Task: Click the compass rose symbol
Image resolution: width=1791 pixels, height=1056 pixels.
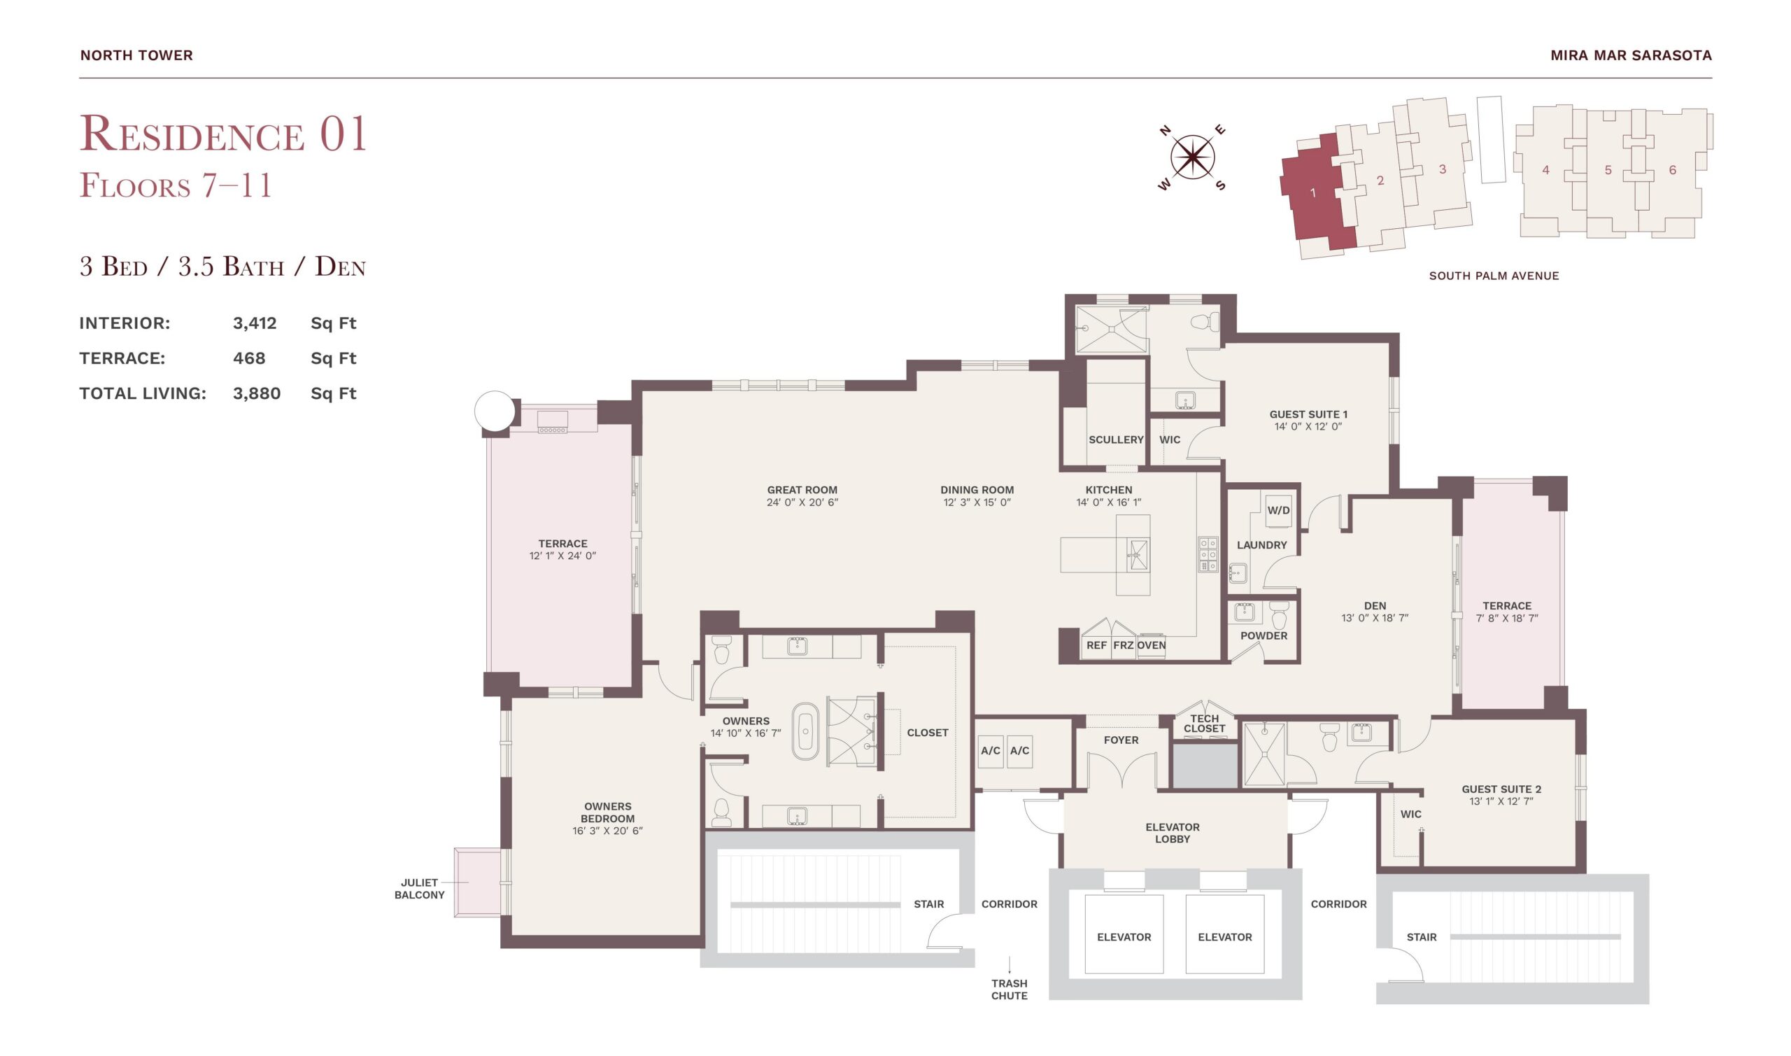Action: pos(1192,157)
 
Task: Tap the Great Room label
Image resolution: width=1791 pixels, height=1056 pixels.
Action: pos(802,490)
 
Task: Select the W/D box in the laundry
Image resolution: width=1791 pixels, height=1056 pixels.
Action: pos(1278,510)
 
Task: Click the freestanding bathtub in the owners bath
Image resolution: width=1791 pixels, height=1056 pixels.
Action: pos(805,731)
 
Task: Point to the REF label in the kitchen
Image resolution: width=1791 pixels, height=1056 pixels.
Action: pos(1096,645)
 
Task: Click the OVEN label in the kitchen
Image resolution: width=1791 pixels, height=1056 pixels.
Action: pos(1151,645)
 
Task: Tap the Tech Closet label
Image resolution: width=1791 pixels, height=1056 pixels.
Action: pos(1204,724)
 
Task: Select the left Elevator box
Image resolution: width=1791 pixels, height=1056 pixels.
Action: pos(1124,934)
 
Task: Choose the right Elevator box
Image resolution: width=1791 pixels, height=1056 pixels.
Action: pos(1225,934)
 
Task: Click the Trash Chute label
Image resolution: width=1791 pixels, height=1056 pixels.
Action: pos(1010,990)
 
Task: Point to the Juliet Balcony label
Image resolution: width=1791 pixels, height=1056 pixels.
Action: pos(419,889)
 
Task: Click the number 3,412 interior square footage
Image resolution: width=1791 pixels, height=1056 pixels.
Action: pos(255,323)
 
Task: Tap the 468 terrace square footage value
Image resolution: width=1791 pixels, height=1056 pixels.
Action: pos(249,358)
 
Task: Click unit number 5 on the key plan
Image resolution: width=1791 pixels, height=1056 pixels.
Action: pos(1608,170)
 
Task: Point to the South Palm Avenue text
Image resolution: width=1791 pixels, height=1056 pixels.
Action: pos(1494,276)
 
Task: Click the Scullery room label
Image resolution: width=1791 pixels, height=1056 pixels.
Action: pos(1116,439)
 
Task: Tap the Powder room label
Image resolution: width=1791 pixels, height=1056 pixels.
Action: pos(1263,635)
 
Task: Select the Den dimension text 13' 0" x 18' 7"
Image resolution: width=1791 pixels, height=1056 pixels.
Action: pos(1374,618)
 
